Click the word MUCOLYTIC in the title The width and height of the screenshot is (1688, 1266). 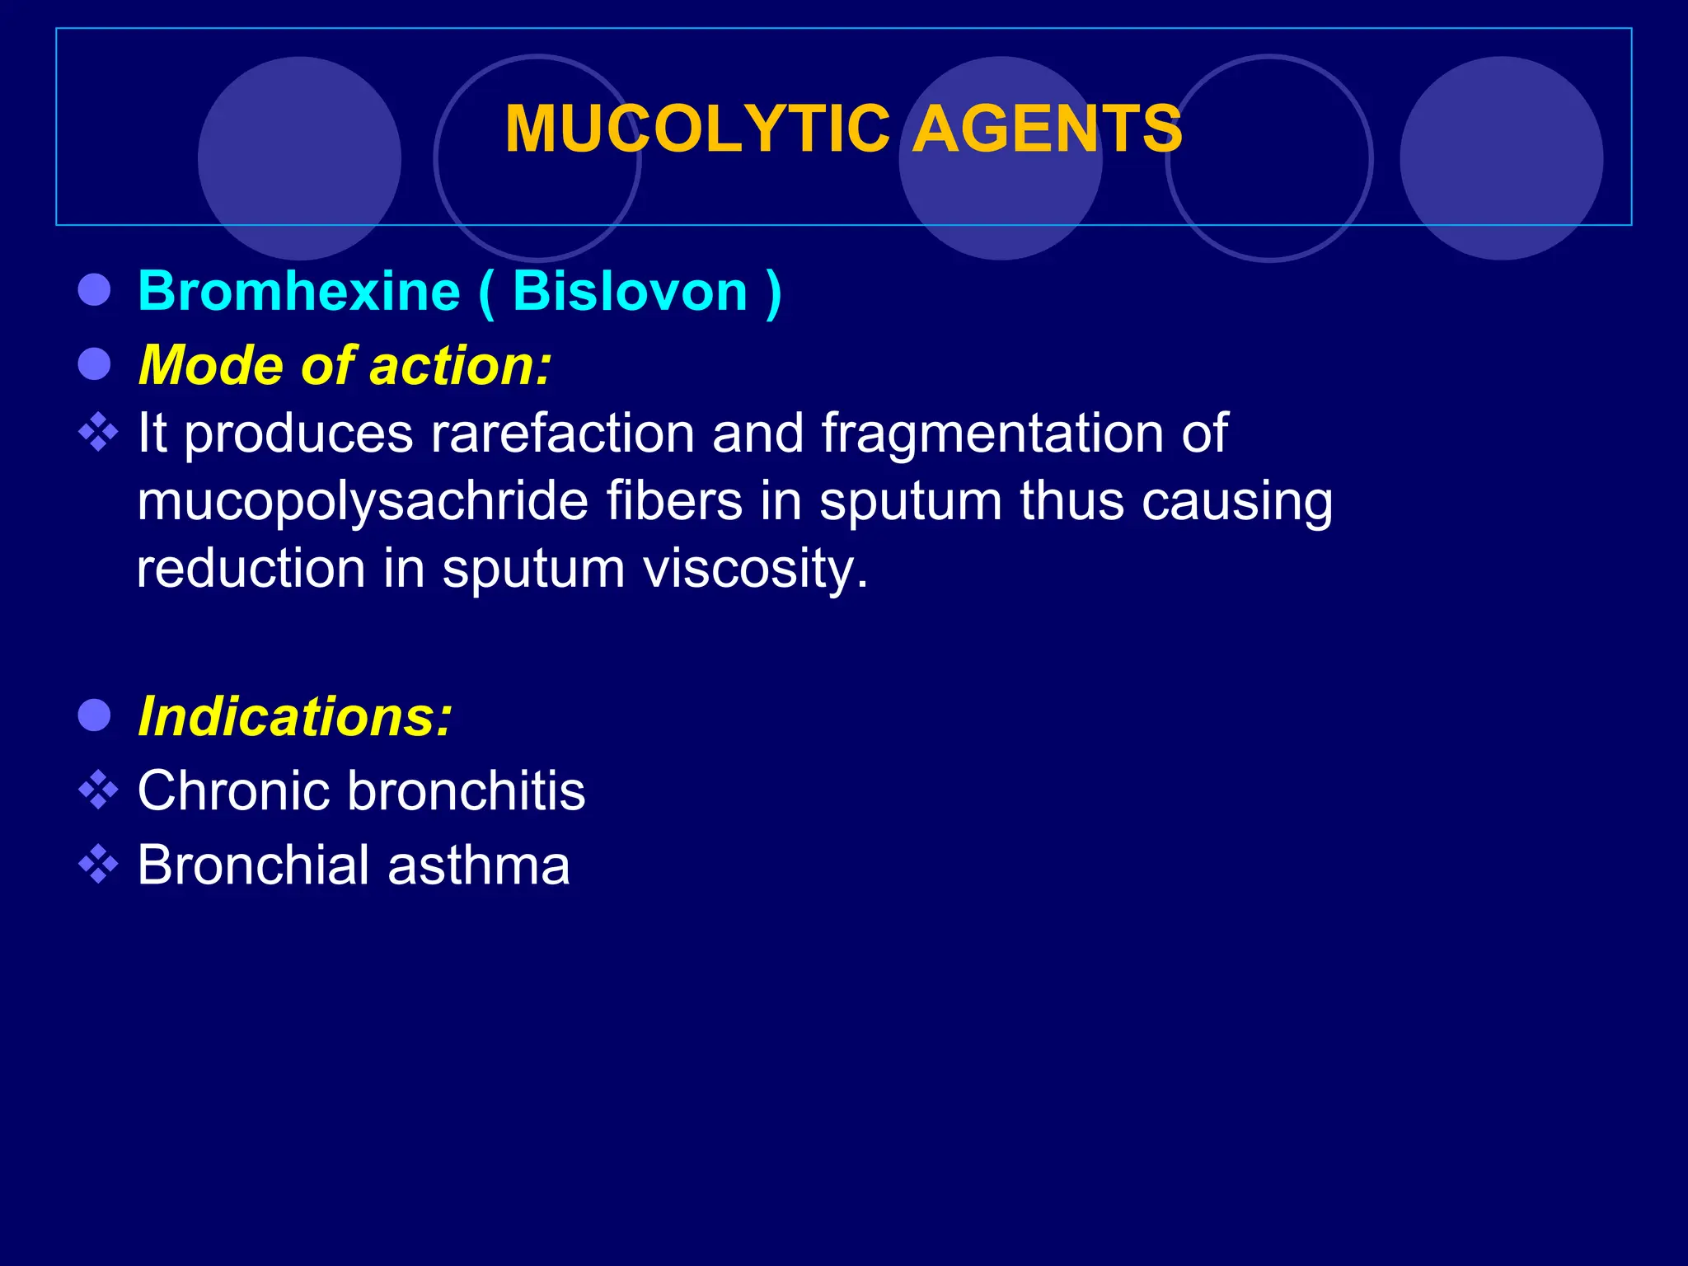pyautogui.click(x=697, y=129)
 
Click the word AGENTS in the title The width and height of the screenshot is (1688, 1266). pyautogui.click(x=1048, y=129)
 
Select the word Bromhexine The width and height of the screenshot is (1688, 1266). pyautogui.click(x=299, y=291)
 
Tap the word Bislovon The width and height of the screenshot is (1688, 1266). pyautogui.click(x=630, y=291)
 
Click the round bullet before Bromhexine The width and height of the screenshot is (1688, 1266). pyautogui.click(x=95, y=290)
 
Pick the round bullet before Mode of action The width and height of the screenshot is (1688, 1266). pyautogui.click(x=95, y=363)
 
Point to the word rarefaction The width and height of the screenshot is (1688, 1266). pyautogui.click(x=562, y=433)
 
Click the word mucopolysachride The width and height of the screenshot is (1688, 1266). pyautogui.click(x=363, y=502)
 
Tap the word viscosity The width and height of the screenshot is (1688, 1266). pyautogui.click(x=754, y=570)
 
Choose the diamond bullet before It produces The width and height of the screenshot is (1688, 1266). pyautogui.click(x=98, y=432)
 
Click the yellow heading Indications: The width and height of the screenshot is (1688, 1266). pyautogui.click(x=295, y=716)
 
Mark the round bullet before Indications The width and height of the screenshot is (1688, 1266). pyautogui.click(x=95, y=715)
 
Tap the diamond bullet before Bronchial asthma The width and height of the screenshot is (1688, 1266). pyautogui.click(x=98, y=865)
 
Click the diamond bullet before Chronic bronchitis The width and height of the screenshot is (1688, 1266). pyautogui.click(x=98, y=790)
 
